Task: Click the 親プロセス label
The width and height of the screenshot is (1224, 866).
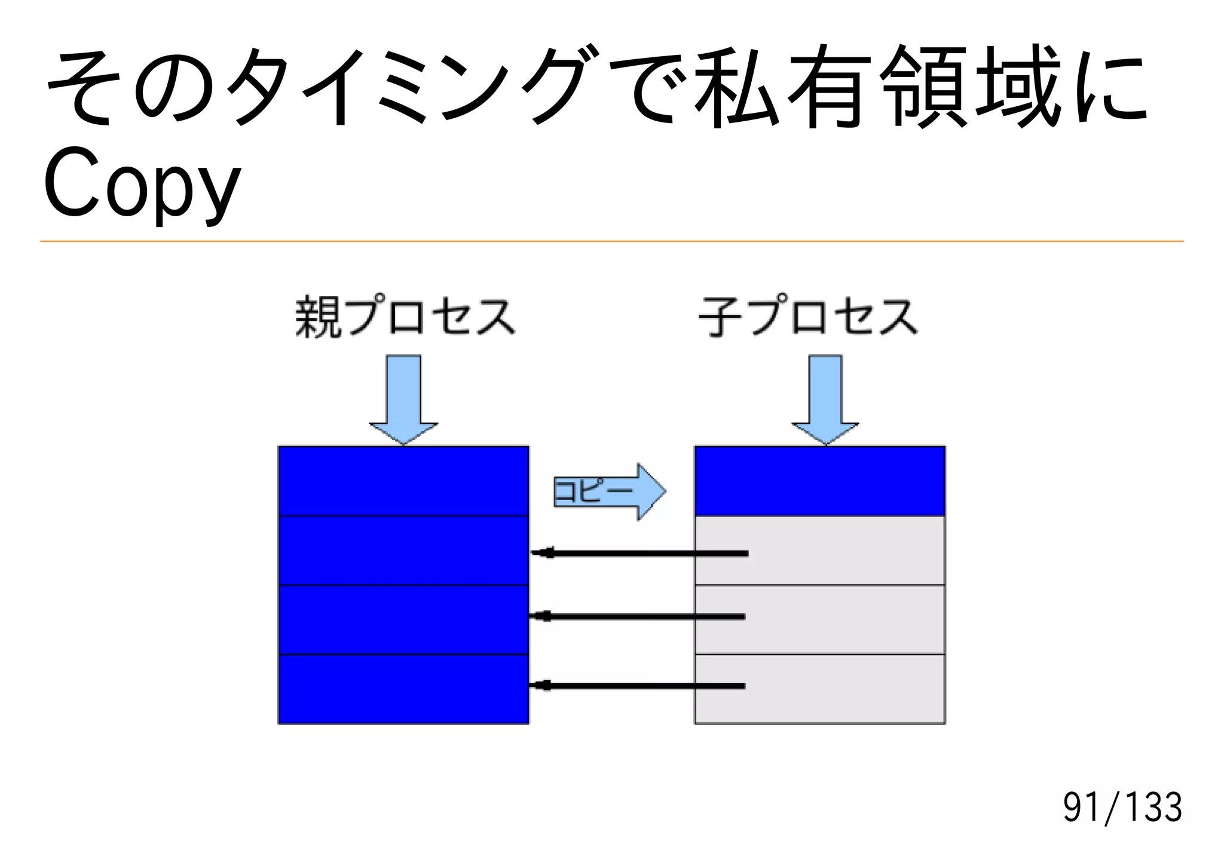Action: click(405, 317)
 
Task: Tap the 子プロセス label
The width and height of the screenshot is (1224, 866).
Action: click(808, 317)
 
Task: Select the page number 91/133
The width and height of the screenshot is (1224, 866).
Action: click(1122, 807)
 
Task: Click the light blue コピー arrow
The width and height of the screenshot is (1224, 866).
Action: click(610, 492)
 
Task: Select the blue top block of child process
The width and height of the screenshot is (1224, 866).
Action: click(819, 481)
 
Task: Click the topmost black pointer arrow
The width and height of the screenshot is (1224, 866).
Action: click(639, 554)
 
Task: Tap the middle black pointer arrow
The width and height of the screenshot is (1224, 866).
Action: click(637, 616)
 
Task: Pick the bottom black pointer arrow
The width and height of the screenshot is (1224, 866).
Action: click(637, 686)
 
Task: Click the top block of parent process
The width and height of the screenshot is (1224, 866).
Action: click(403, 481)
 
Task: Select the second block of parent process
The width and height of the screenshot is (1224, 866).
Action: click(403, 550)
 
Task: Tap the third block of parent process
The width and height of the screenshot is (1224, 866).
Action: click(403, 620)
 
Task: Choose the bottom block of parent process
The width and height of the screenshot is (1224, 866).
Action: click(403, 689)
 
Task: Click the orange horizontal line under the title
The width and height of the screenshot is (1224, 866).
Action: click(611, 241)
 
